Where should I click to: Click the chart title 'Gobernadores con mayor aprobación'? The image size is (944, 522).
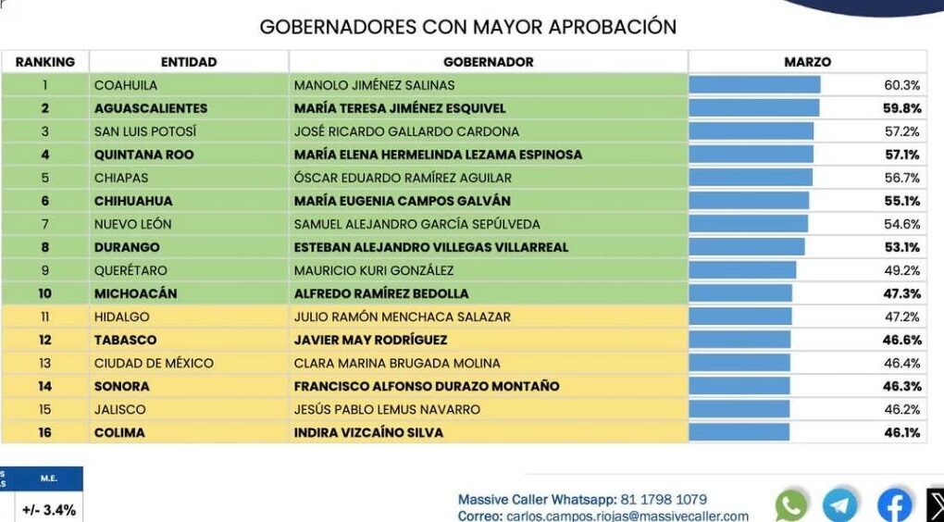click(x=467, y=26)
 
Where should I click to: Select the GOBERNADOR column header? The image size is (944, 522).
click(x=488, y=62)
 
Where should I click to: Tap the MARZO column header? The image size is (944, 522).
click(x=807, y=62)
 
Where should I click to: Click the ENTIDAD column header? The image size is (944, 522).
click(x=189, y=62)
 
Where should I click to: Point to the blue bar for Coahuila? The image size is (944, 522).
click(x=754, y=85)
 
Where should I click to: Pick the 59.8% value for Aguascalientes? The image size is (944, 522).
click(x=902, y=108)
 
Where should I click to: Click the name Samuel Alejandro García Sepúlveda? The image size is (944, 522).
click(x=416, y=224)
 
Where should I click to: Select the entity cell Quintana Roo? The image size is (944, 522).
click(x=144, y=155)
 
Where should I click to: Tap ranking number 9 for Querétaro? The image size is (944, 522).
click(x=44, y=270)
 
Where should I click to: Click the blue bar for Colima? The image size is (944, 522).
click(x=739, y=432)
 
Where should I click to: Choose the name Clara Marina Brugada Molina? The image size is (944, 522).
click(x=397, y=363)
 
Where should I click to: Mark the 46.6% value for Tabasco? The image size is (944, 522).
click(x=902, y=340)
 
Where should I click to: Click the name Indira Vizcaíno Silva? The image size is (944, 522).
click(x=368, y=432)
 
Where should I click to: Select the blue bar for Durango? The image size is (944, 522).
click(x=747, y=247)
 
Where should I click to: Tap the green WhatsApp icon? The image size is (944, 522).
click(x=791, y=504)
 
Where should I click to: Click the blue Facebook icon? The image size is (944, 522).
click(x=894, y=504)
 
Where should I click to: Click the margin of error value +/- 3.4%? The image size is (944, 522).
click(x=47, y=509)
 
